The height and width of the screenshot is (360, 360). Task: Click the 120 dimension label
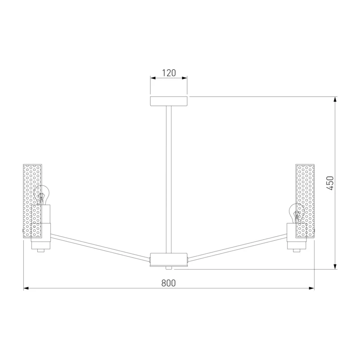[x=169, y=73]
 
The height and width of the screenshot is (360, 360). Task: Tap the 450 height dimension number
[x=330, y=183]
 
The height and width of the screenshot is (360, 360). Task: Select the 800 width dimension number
[x=168, y=283]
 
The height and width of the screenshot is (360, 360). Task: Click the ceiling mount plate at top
[x=169, y=101]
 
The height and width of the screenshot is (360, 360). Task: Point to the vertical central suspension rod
[x=169, y=180]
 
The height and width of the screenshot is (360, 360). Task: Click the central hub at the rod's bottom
[x=169, y=260]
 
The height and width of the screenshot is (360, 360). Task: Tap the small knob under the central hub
[x=169, y=268]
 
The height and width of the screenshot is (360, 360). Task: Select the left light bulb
[x=41, y=195]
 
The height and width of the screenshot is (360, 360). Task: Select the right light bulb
[x=297, y=213]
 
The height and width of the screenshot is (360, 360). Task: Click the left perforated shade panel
[x=32, y=201]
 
